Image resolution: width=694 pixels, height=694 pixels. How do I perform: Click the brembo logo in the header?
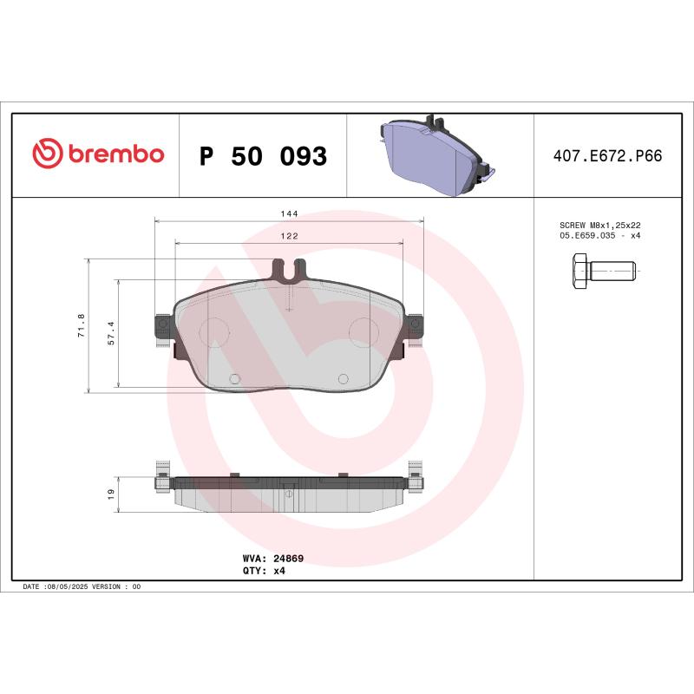point(98,154)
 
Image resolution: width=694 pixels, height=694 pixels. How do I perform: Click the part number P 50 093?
point(263,156)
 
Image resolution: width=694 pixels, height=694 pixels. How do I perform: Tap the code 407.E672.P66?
point(607,156)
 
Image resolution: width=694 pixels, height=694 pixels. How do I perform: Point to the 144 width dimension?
point(289,213)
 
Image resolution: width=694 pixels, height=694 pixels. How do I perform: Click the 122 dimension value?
point(289,236)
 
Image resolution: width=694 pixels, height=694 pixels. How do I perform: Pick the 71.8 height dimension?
point(82,325)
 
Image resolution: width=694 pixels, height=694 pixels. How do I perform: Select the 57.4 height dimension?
point(110,332)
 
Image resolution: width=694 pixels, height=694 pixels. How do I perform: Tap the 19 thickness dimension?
point(110,494)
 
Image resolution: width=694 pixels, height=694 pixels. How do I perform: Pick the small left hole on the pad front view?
point(234,378)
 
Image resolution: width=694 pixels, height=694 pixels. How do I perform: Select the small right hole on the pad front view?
point(343,378)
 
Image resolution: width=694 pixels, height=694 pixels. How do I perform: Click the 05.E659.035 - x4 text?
point(600,235)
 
